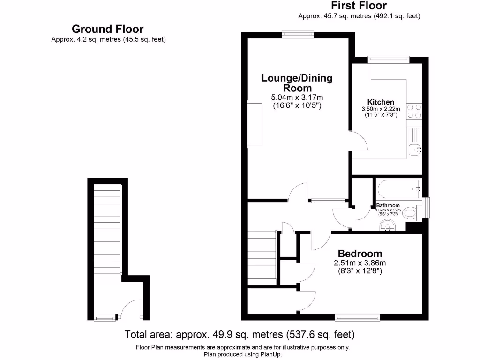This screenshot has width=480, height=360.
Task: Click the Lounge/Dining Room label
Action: [x=297, y=83]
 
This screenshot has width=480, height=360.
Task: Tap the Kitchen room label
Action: [x=380, y=102]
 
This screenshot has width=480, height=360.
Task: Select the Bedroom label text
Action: [x=360, y=254]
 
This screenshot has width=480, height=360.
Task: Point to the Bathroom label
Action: [x=388, y=205]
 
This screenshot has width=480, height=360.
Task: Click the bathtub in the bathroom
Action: [x=398, y=189]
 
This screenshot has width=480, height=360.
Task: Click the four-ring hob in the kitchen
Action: [x=414, y=111]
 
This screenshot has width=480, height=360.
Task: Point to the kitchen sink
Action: [x=414, y=150]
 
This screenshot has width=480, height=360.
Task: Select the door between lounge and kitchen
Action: [x=358, y=141]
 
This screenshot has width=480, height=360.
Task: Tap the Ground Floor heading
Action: [x=107, y=30]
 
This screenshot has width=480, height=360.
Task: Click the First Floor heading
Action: [x=359, y=6]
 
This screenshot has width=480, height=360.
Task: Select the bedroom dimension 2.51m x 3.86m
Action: [x=360, y=263]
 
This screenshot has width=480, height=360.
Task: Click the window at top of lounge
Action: [x=298, y=34]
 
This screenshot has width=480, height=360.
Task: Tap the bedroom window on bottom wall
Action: [x=357, y=318]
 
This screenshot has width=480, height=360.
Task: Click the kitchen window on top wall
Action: [x=388, y=60]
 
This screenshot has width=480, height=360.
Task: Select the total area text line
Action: [x=240, y=335]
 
